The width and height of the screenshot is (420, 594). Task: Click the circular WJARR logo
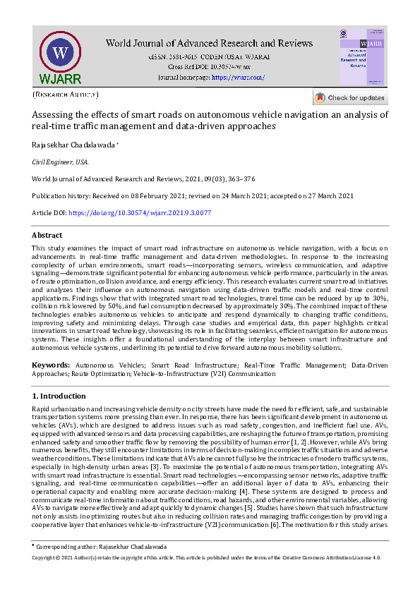coord(60,54)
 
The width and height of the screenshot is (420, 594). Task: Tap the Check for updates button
coord(349,97)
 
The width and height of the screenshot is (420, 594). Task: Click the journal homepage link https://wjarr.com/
coord(238,77)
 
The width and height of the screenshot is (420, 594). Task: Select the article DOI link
coord(140,212)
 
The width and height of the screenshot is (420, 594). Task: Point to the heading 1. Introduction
coord(59,396)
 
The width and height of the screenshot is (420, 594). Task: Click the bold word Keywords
coord(51,365)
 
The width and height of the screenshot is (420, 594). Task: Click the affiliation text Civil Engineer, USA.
coord(61,162)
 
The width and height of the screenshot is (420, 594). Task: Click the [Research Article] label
coord(65,94)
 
